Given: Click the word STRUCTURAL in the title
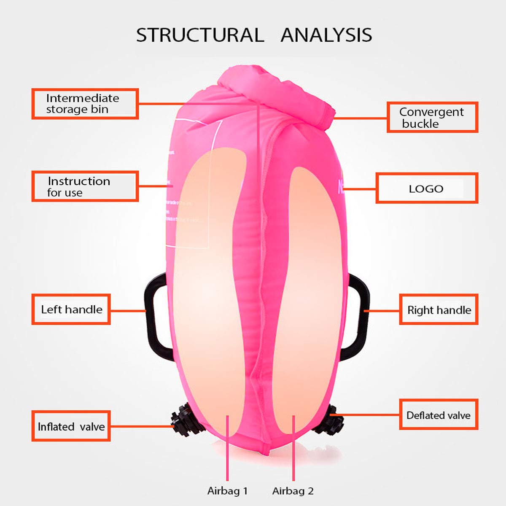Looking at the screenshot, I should click(200, 35).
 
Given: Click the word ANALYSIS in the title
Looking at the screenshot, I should click(326, 35).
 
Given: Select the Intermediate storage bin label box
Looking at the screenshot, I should click(85, 104).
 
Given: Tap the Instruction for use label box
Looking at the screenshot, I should click(85, 186).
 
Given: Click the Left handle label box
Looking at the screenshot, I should click(71, 310).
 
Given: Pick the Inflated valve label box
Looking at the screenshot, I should click(71, 426).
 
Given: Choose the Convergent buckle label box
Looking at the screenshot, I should click(432, 117).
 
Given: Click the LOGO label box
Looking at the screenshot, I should click(427, 188).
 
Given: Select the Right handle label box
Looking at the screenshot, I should click(439, 310).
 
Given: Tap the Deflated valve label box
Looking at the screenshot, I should click(439, 415).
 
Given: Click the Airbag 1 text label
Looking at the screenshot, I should click(227, 491).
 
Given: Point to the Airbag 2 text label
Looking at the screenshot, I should click(293, 491).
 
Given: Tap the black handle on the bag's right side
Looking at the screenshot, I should click(358, 314).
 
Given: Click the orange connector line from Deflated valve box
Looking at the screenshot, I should click(367, 415).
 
